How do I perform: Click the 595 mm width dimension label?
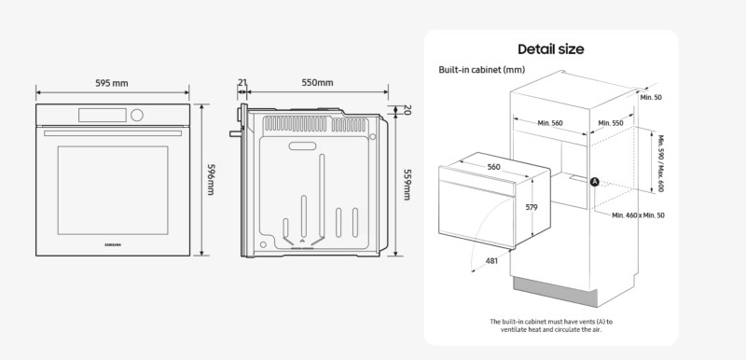tap(113, 83)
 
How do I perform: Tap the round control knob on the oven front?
tap(139, 115)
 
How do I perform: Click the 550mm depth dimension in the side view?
tap(317, 83)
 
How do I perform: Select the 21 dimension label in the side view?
tap(242, 83)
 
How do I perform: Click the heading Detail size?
tap(551, 49)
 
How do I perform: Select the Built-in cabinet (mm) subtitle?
tap(481, 70)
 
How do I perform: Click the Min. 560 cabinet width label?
tap(551, 123)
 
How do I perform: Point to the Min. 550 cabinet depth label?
tap(611, 123)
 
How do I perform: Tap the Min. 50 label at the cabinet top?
tap(651, 97)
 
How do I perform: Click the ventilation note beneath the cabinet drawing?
tap(551, 325)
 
